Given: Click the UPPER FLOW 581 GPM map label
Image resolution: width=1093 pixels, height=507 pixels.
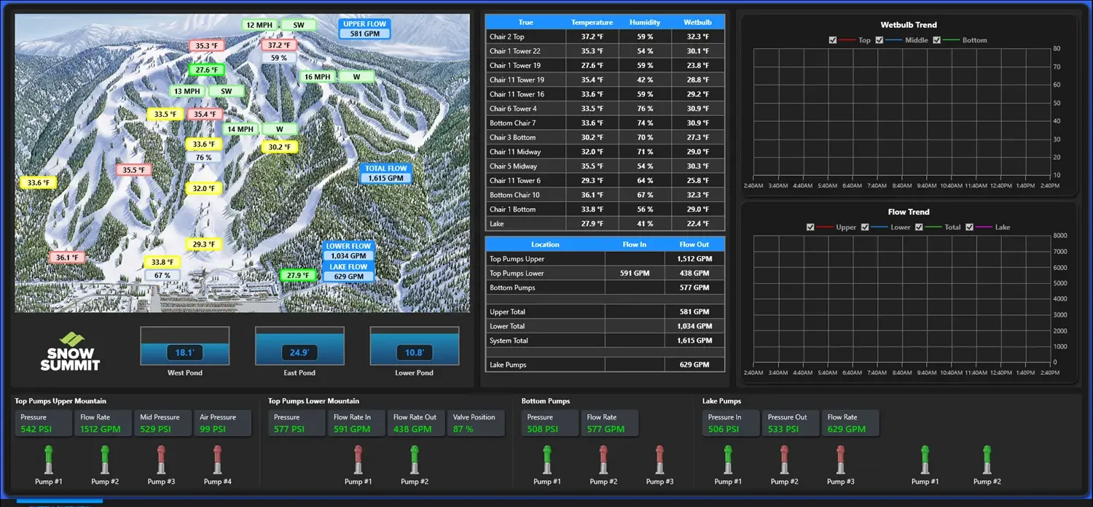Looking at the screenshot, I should tap(364, 29).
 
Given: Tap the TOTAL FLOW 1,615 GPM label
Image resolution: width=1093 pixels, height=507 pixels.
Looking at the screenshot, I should tap(385, 174).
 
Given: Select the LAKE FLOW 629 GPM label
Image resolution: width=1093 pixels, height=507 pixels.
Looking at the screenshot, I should tap(348, 272).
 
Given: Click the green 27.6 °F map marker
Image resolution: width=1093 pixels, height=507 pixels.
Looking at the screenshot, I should tap(206, 70).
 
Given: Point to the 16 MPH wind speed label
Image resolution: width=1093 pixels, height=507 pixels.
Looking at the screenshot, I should tap(318, 77).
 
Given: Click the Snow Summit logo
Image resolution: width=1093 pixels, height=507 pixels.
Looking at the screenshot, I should tap(70, 351).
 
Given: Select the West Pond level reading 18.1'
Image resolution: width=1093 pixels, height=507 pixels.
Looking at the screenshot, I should tap(184, 353).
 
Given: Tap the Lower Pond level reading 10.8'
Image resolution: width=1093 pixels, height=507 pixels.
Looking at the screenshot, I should tap(414, 353).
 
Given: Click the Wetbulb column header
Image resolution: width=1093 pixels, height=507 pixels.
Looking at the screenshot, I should tap(697, 23).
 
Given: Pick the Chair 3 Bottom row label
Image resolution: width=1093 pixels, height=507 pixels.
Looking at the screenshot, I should tap(513, 137).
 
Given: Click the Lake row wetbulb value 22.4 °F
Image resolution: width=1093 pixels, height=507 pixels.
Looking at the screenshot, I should tap(697, 224).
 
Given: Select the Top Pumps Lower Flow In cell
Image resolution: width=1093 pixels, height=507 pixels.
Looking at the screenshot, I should tap(634, 274).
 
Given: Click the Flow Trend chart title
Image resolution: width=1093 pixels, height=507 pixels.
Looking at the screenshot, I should tap(908, 212).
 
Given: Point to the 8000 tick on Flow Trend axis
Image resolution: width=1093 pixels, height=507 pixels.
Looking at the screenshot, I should tap(1061, 236).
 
